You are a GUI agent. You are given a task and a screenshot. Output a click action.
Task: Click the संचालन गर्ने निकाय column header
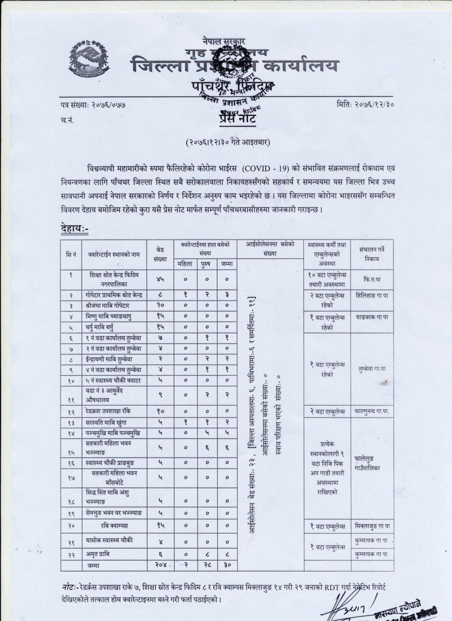[372, 253]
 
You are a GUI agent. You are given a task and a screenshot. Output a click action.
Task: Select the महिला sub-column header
[185, 263]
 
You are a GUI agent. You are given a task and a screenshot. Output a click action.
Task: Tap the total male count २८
[206, 566]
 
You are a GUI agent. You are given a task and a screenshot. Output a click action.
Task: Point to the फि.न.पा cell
[372, 279]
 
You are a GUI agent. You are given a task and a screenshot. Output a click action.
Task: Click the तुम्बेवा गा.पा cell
[372, 368]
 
